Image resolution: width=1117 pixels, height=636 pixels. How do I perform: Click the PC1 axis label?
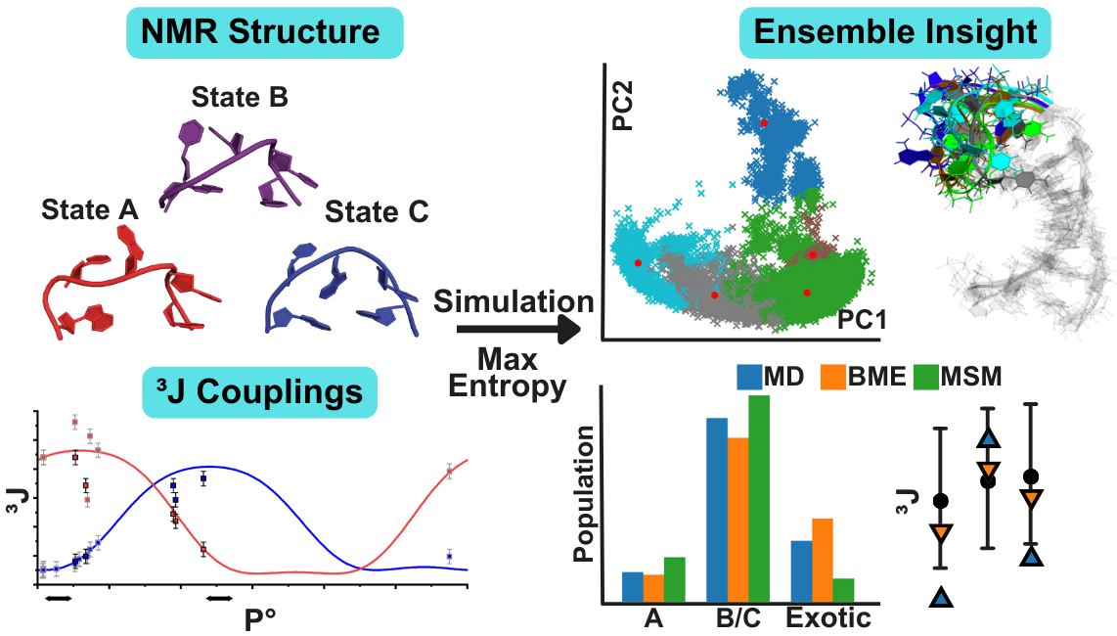[x=861, y=320]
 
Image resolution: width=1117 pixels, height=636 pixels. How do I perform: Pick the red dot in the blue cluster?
[x=764, y=123]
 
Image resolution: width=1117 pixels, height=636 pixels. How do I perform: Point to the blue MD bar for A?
[x=633, y=588]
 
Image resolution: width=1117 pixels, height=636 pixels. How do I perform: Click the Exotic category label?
[x=828, y=618]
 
